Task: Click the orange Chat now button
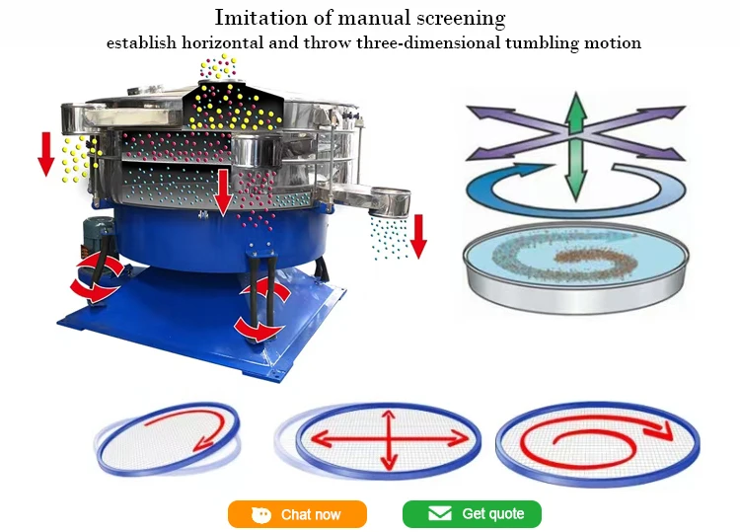point(297,514)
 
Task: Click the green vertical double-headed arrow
point(575,147)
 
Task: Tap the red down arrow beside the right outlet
point(418,235)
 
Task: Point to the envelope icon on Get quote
point(439,514)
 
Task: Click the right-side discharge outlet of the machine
point(389,201)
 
